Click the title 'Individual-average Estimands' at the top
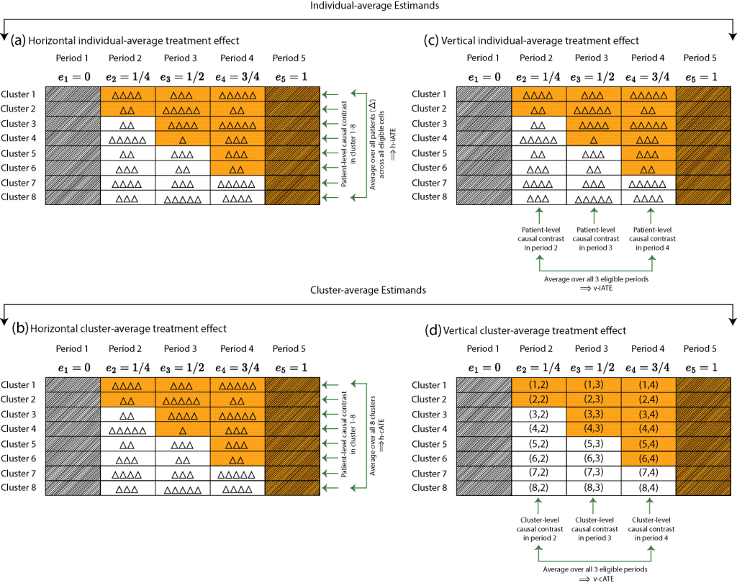(368, 6)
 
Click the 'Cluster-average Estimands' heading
(368, 289)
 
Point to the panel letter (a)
(18, 40)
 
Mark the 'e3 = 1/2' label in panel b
(184, 366)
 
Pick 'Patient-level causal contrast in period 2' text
(539, 237)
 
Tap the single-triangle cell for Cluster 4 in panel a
(184, 138)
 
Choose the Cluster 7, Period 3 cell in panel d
(594, 473)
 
